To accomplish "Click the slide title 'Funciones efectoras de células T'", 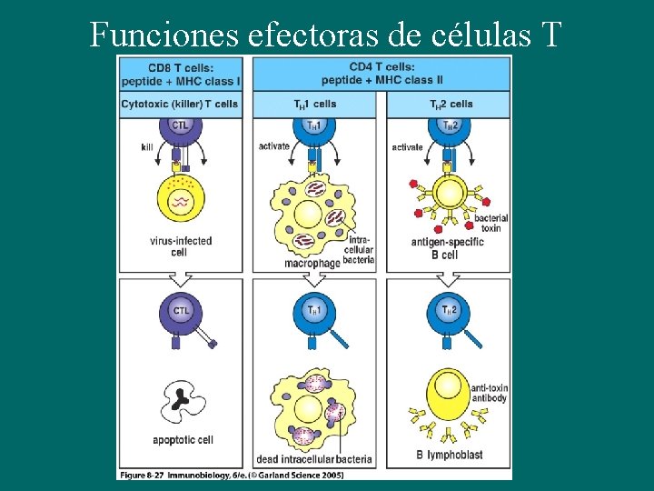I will [326, 34].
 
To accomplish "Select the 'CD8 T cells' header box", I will [181, 74].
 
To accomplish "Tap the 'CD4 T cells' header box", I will [381, 74].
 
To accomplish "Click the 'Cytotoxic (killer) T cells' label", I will [181, 105].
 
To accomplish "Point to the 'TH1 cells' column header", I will [313, 105].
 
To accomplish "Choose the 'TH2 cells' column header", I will [449, 105].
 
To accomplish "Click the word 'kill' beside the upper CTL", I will [147, 147].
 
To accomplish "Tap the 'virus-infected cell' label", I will [180, 246].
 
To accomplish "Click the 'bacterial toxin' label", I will [490, 223].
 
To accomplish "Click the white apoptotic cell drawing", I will [183, 399].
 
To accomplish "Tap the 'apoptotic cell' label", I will [183, 440].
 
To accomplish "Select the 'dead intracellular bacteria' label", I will [314, 460].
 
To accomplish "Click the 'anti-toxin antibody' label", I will [489, 393].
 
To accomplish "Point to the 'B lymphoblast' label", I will [449, 455].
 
